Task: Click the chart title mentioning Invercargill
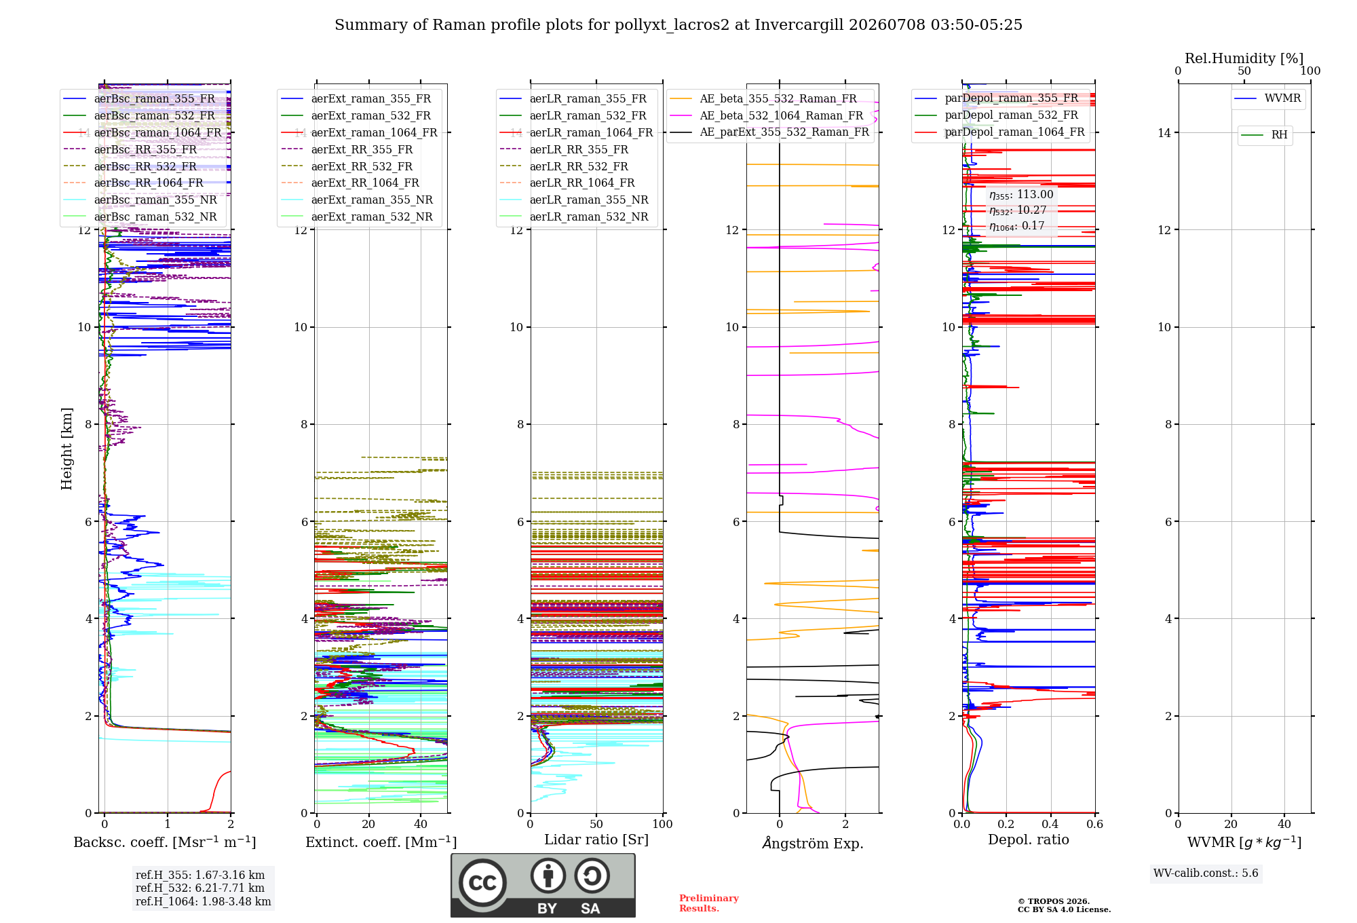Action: (x=678, y=25)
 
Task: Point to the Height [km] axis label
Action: (x=66, y=449)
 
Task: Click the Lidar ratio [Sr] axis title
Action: (x=596, y=840)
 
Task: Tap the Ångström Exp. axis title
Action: (x=813, y=843)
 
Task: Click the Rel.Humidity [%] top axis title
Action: (x=1244, y=58)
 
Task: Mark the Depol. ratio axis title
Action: (x=1029, y=840)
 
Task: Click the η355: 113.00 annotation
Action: (x=1021, y=195)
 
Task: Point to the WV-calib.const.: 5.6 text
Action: (x=1206, y=873)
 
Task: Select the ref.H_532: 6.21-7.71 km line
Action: (x=200, y=888)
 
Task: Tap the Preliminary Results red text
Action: (x=709, y=903)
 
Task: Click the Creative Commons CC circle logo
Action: (x=482, y=882)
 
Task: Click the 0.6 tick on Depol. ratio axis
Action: (x=1095, y=824)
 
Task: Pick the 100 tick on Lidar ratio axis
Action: (x=663, y=824)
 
